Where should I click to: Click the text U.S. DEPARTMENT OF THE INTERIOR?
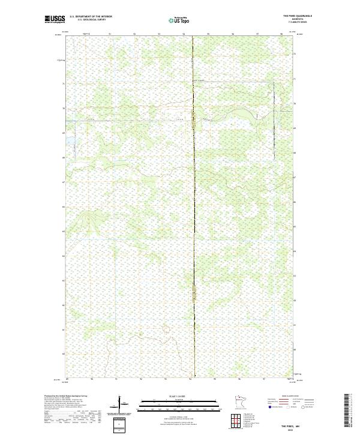[x=91, y=16]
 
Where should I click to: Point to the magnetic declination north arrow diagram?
[x=121, y=405]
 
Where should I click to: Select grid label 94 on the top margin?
[x=183, y=34]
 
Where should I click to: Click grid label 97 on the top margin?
[x=257, y=34]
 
